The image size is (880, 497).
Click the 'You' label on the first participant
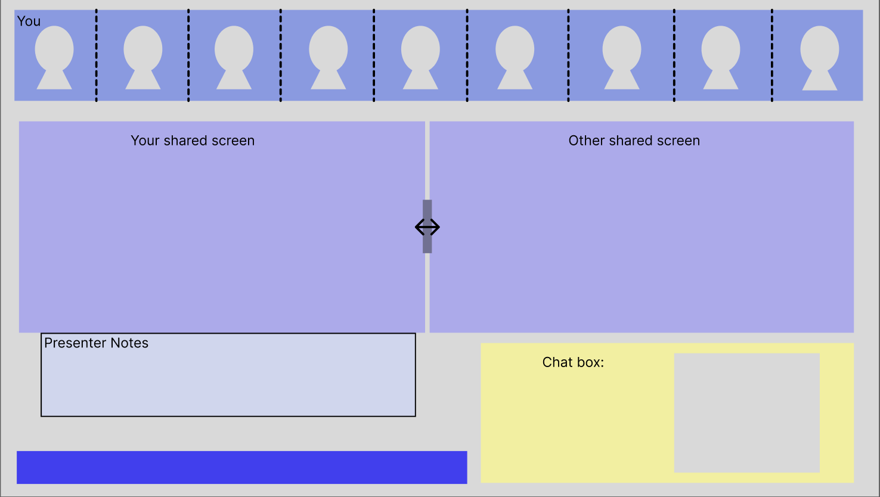29,21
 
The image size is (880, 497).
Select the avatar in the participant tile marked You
54,57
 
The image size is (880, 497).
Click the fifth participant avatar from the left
420,57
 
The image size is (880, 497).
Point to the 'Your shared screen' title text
193,141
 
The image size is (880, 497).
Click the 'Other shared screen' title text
634,141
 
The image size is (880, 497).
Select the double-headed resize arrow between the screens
427,227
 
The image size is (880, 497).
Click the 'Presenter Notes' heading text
96,343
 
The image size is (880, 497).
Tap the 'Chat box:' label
573,362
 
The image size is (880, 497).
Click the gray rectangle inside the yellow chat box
746,413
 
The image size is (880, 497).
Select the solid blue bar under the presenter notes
241,467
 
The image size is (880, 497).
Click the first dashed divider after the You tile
96,55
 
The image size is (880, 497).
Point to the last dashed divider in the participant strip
771,55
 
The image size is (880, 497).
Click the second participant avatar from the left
143,57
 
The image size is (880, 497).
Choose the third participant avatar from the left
234,57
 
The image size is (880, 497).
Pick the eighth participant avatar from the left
721,57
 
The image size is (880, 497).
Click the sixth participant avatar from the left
515,57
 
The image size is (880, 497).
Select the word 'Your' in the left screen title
145,141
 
